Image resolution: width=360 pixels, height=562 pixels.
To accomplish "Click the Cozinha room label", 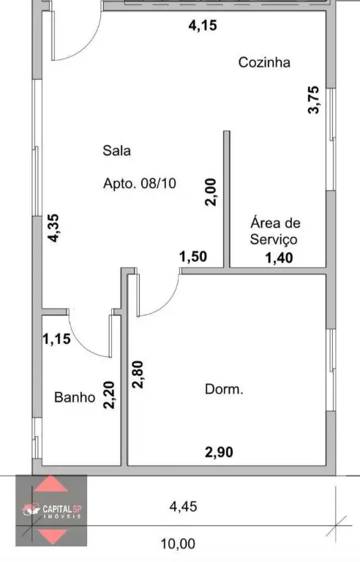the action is coord(264,62).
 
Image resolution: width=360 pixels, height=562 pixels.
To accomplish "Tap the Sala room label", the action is coord(116,151).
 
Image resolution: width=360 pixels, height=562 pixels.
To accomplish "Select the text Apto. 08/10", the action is coord(140,184).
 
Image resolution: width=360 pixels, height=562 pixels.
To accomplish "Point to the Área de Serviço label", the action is coord(275,231).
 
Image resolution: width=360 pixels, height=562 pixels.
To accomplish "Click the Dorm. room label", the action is coord(224,389).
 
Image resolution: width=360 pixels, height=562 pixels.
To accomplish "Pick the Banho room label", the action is coord(75,397).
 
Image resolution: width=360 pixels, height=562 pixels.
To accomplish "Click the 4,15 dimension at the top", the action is coord(203,26).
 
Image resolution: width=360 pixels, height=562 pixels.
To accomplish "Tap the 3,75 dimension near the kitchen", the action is coord(313,100).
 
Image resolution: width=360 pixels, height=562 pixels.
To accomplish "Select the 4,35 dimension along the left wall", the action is coord(53,228).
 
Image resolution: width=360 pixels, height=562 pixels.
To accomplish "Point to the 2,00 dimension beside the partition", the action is coord(211,192).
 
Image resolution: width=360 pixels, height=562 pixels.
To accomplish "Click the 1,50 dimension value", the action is coord(193,257).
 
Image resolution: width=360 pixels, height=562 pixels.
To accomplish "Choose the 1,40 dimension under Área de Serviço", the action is coord(279,258).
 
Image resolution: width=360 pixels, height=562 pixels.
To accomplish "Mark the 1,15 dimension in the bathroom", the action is coord(56,339).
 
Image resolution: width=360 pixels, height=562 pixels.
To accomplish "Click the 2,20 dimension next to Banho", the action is coord(108,394).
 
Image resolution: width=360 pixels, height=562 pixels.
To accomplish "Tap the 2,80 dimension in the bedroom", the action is coord(138,374).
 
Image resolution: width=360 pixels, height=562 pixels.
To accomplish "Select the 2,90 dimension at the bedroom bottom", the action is coord(219,452).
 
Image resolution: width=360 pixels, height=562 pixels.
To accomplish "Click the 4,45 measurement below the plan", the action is coord(183,506).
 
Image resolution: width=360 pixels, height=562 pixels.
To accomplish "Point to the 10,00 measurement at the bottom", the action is coord(178,544).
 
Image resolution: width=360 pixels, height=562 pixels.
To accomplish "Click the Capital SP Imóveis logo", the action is coord(51,510).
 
